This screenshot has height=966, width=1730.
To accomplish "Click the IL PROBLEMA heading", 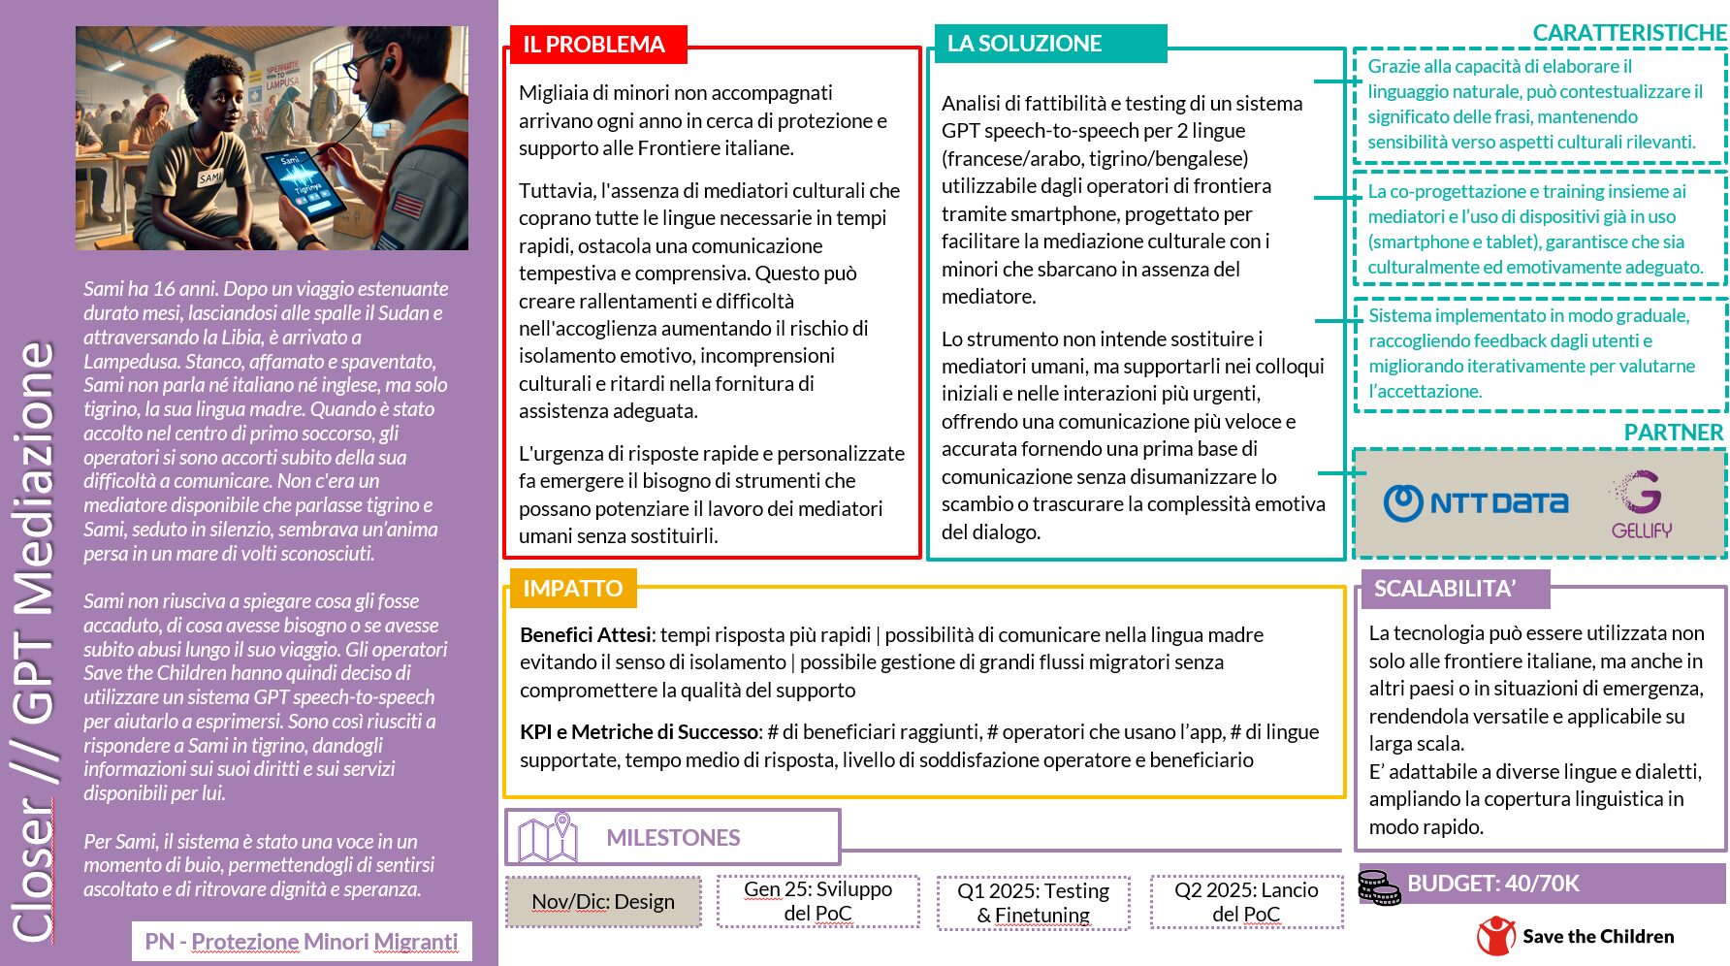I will pyautogui.click(x=594, y=45).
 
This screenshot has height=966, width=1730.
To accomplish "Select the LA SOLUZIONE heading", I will pyautogui.click(x=1025, y=44).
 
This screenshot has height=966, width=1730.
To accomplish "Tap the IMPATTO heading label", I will pyautogui.click(x=572, y=589).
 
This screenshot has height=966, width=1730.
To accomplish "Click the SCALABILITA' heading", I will pyautogui.click(x=1445, y=589).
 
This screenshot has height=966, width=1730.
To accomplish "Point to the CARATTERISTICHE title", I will pyautogui.click(x=1629, y=33).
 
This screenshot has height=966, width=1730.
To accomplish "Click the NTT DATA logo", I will pyautogui.click(x=1475, y=502).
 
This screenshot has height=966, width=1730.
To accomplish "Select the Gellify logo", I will pyautogui.click(x=1641, y=504).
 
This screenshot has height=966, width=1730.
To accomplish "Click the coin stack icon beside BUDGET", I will pyautogui.click(x=1378, y=887).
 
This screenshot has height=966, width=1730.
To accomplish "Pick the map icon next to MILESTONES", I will pyautogui.click(x=548, y=837).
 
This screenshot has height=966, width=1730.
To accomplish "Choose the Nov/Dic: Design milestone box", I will pyautogui.click(x=603, y=902).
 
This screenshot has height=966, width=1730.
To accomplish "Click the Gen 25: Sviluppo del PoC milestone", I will pyautogui.click(x=817, y=901).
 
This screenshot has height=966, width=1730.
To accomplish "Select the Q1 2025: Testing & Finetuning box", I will pyautogui.click(x=1033, y=903).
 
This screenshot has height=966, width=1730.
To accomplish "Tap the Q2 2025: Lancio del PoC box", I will pyautogui.click(x=1246, y=902).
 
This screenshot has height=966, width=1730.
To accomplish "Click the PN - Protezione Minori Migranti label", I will pyautogui.click(x=301, y=942).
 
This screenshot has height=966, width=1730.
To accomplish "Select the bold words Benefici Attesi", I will pyautogui.click(x=586, y=635).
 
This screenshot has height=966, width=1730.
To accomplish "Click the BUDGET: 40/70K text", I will pyautogui.click(x=1493, y=884).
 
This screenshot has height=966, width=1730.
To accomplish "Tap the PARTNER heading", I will pyautogui.click(x=1674, y=433).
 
